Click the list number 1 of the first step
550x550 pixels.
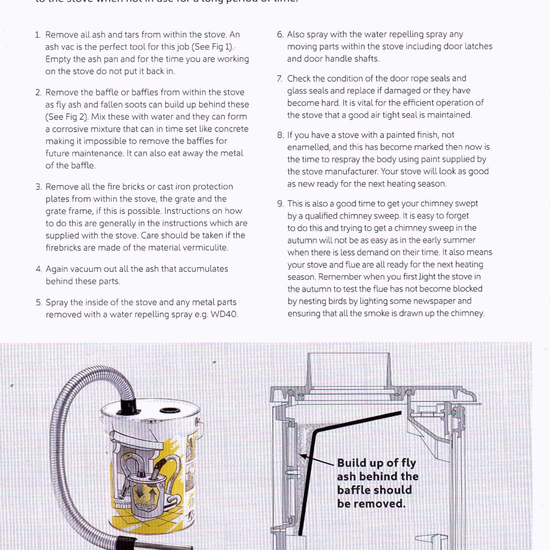(37, 35)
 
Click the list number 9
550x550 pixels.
(280, 204)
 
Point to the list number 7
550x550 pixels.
(279, 79)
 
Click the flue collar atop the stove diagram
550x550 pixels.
(349, 370)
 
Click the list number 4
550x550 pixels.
(38, 269)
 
